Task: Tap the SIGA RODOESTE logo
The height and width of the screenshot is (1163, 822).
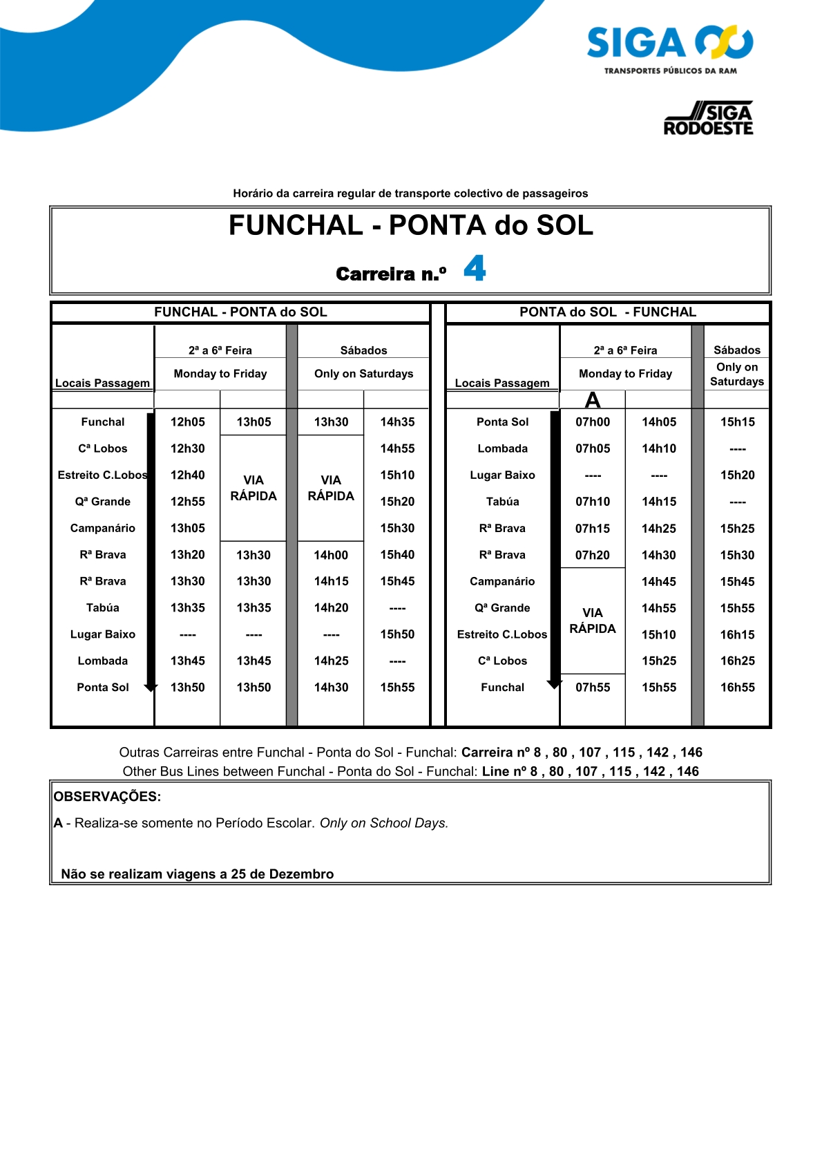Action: click(708, 119)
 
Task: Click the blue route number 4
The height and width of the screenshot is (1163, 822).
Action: click(475, 268)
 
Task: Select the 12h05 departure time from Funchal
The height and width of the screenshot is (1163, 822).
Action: click(188, 422)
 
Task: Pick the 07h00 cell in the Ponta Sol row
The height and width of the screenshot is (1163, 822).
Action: click(593, 422)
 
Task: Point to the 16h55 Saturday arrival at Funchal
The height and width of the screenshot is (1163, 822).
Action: click(737, 688)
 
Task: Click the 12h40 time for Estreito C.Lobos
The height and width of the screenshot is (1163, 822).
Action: click(188, 475)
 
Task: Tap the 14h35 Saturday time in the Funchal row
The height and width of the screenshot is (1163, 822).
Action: click(397, 422)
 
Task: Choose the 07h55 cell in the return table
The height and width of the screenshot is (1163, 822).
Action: click(593, 688)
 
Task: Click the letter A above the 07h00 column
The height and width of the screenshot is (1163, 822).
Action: click(593, 400)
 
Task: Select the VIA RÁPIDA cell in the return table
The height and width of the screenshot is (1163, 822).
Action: click(593, 621)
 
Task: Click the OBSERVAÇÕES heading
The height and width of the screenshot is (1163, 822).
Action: click(107, 797)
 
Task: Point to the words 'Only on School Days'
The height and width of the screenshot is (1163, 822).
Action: click(384, 823)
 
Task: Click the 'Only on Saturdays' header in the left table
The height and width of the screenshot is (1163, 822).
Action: click(363, 374)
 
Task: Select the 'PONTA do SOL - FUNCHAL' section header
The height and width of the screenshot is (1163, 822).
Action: click(608, 312)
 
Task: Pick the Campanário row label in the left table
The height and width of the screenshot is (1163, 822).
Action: click(103, 529)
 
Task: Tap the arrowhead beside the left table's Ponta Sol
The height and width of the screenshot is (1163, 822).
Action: click(151, 688)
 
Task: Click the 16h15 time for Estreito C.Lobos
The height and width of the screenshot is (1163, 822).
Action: click(737, 634)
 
